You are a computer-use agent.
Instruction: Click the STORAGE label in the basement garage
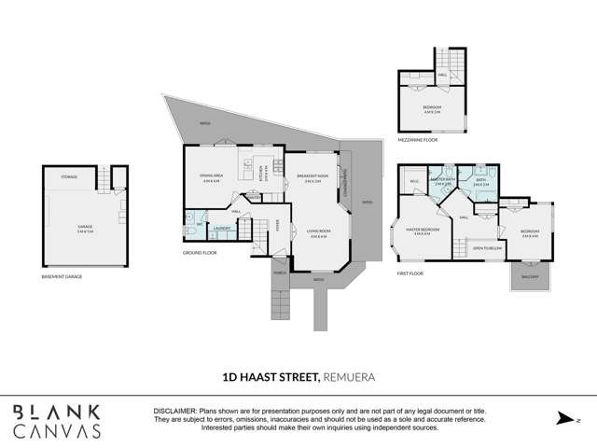point(69,176)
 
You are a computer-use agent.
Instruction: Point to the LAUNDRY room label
point(222,228)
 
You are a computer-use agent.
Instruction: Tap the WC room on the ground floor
point(198,225)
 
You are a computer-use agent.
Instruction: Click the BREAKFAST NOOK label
point(313,176)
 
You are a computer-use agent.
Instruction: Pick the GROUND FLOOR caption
point(200,252)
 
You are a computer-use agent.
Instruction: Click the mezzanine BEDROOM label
point(432,108)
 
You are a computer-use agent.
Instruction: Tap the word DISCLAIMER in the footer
point(174,411)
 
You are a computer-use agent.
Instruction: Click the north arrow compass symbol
point(562,419)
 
